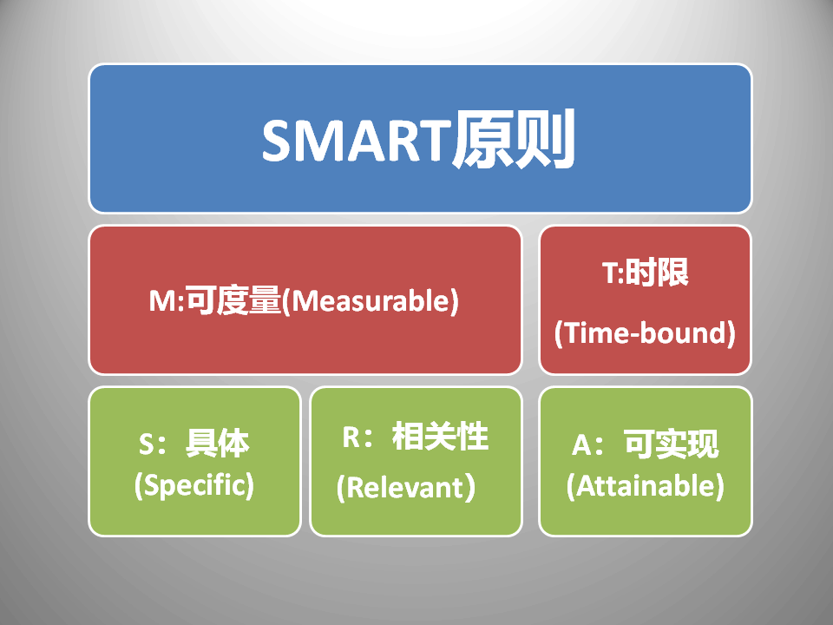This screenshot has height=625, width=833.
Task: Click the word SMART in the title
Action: [357, 141]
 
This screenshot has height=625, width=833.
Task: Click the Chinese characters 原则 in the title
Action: [514, 139]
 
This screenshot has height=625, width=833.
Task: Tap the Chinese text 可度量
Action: [233, 300]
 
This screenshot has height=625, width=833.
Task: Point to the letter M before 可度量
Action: [162, 301]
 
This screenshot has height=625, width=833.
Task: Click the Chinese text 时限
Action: [657, 272]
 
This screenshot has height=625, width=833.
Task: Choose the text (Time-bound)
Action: [645, 333]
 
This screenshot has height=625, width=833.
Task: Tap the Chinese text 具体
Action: [217, 444]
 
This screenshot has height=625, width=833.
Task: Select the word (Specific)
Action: [194, 485]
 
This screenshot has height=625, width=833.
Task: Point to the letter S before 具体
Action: [147, 444]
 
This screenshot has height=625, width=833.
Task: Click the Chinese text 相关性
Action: [441, 437]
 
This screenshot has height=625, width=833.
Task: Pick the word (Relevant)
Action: [406, 487]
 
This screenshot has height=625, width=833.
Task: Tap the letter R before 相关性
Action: [351, 437]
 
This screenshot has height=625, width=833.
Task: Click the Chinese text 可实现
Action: [672, 444]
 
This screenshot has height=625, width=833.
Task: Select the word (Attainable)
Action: [646, 486]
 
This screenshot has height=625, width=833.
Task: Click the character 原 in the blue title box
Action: [483, 139]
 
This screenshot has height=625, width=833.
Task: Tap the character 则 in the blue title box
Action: [545, 139]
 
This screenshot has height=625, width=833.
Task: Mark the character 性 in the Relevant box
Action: [473, 437]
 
